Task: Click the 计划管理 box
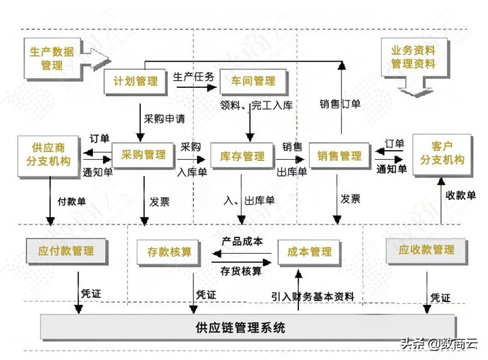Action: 135,81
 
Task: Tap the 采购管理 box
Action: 143,155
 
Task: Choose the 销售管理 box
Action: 339,156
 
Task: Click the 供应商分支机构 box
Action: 49,155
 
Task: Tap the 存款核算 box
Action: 169,251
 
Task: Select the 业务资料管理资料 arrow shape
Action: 412,61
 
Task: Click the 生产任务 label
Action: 193,77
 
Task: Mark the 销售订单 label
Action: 340,104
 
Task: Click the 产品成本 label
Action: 242,242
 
